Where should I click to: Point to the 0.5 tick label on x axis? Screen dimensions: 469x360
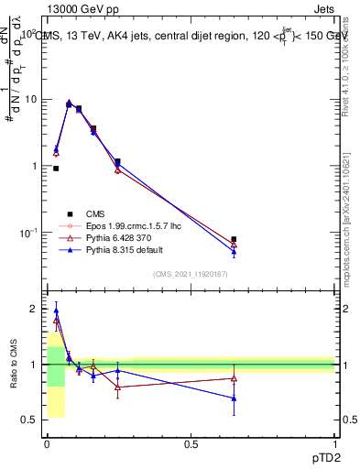[x=191, y=444]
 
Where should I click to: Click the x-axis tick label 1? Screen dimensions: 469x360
[x=334, y=444]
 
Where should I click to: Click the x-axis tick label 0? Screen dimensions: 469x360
[x=47, y=444]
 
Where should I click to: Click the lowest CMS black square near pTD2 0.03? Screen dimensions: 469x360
[x=56, y=169]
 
